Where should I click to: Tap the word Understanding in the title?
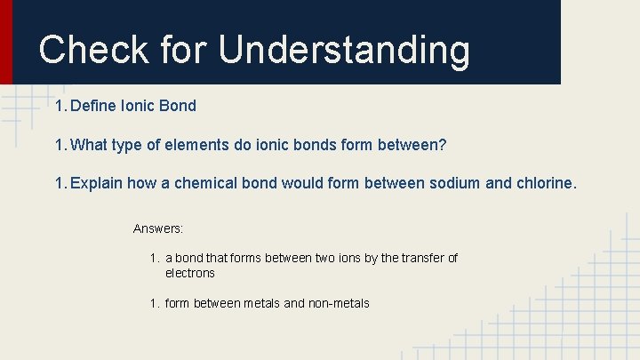(x=344, y=51)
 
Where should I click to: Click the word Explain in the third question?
(x=96, y=184)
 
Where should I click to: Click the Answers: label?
(x=158, y=228)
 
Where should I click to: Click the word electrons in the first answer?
(x=190, y=273)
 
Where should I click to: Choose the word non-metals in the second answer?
(x=339, y=303)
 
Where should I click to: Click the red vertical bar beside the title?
(x=6, y=42)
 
